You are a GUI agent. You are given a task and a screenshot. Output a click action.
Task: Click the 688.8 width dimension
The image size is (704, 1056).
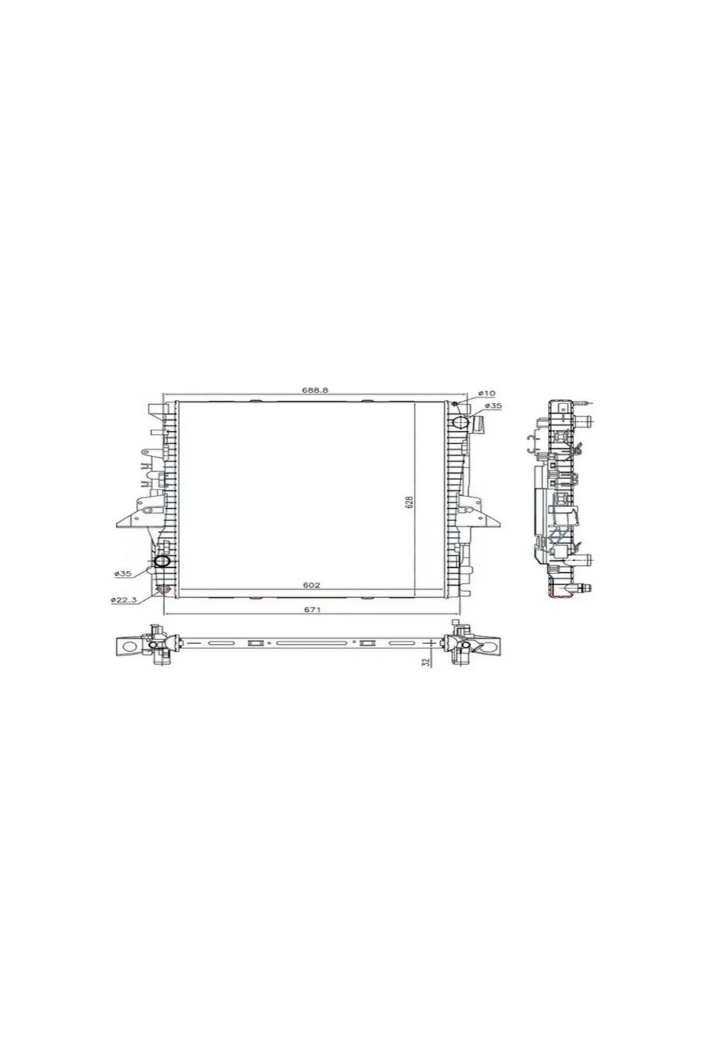[x=314, y=390]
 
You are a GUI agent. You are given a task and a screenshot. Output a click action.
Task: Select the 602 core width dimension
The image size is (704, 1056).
[x=311, y=584]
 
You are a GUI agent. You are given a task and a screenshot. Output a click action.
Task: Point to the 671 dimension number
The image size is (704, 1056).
[x=311, y=609]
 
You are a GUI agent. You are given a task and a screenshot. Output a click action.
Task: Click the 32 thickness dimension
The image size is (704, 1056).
[x=427, y=662]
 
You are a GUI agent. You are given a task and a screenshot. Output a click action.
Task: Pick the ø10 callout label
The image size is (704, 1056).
[x=487, y=393]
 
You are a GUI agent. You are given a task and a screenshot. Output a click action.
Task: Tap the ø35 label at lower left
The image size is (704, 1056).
[x=122, y=574]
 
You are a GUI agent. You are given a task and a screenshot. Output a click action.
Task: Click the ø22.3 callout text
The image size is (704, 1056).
[x=124, y=599]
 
